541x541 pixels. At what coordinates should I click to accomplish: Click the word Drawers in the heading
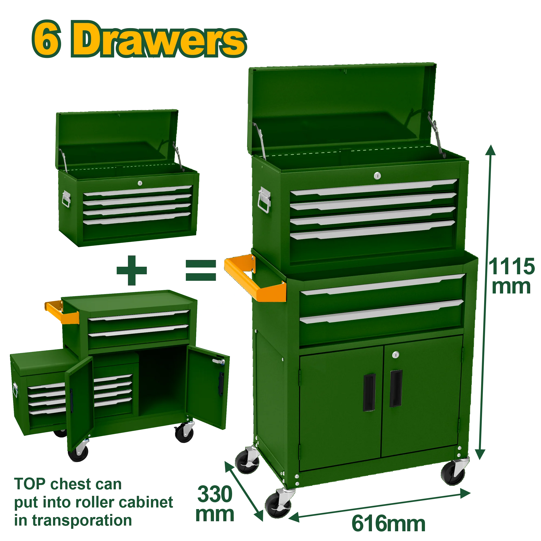[x=159, y=39]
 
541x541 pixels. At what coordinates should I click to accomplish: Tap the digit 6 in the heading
[x=47, y=39]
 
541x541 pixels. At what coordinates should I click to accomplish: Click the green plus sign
[x=132, y=270]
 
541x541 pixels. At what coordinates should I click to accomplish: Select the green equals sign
[x=201, y=270]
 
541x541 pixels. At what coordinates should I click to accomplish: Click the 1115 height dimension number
[x=511, y=267]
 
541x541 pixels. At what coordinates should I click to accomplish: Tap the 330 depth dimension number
[x=215, y=494]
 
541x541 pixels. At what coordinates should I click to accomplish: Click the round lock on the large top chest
[x=377, y=176]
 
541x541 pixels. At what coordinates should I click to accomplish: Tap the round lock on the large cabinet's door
[x=395, y=355]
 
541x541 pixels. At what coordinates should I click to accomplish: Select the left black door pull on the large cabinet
[x=369, y=392]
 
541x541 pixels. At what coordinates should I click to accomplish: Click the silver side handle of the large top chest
[x=264, y=200]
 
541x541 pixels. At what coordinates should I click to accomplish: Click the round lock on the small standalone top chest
[x=140, y=183]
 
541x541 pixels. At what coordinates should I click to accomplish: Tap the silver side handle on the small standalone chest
[x=66, y=199]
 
